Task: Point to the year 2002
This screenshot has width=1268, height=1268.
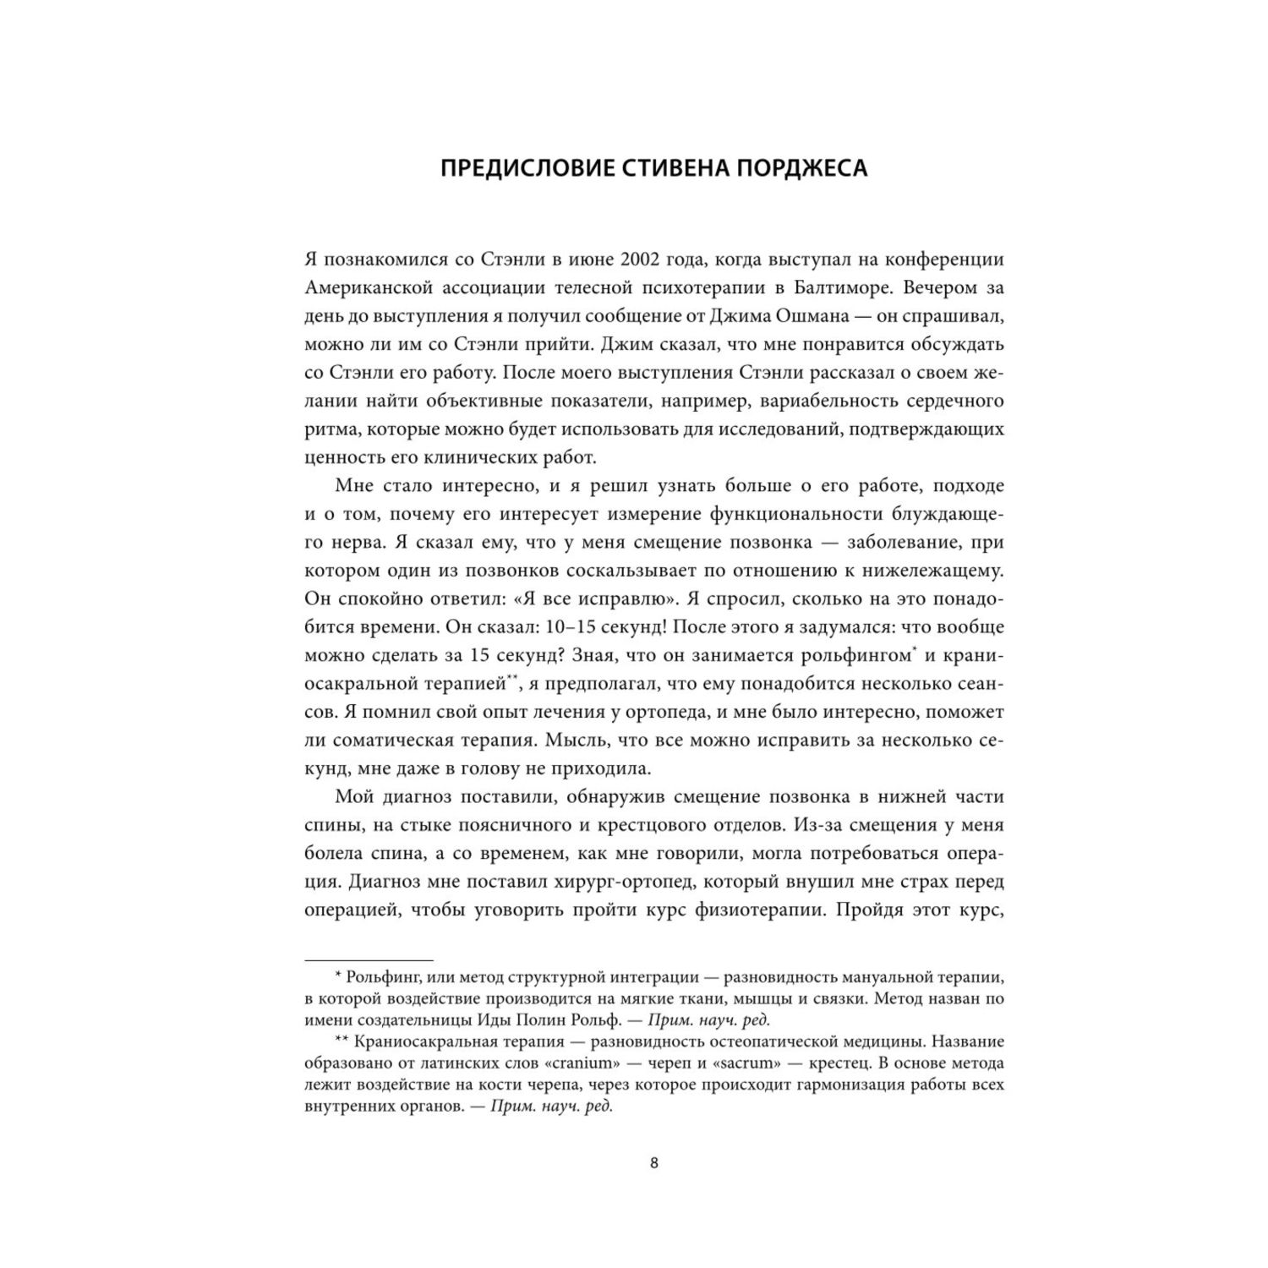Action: point(604,258)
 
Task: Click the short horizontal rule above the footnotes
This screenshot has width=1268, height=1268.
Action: point(368,959)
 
